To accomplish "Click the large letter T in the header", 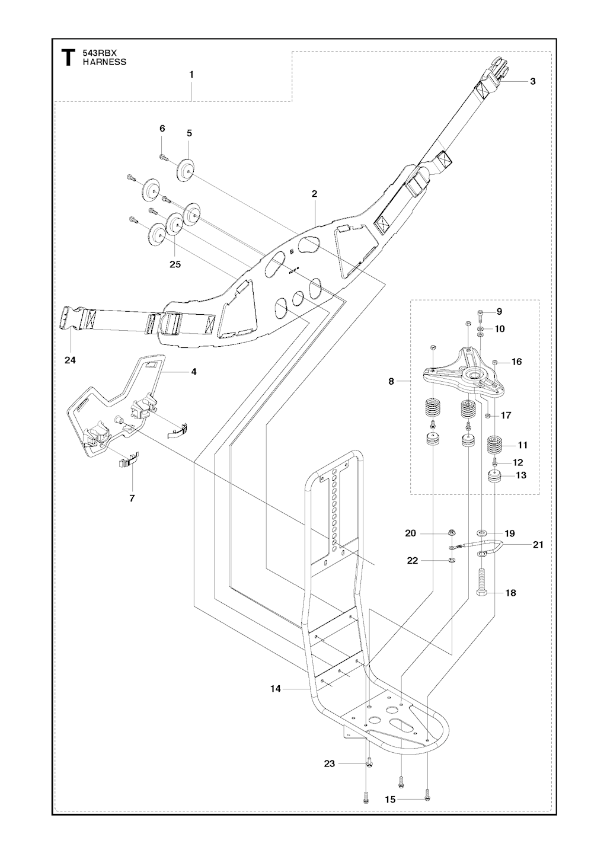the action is [x=68, y=57].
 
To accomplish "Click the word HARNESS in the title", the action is [x=105, y=62].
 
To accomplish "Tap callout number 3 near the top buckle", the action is [x=533, y=81].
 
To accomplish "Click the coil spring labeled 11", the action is [x=494, y=445].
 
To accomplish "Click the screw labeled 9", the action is [x=480, y=314].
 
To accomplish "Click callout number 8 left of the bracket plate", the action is [x=391, y=381].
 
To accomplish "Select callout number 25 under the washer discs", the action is [x=175, y=264].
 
